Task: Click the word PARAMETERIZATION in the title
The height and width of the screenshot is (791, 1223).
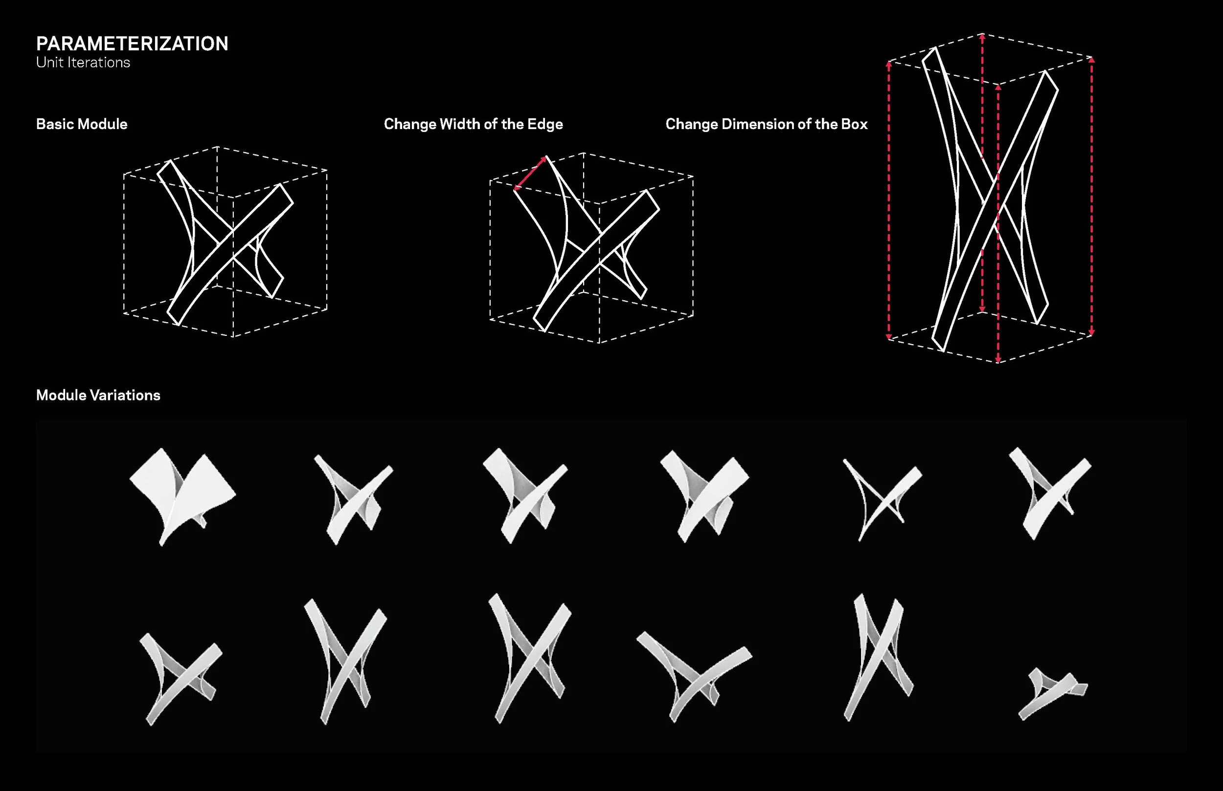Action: coord(132,44)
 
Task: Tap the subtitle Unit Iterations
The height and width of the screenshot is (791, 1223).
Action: coord(83,63)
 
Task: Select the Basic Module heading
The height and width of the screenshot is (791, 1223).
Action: coord(82,124)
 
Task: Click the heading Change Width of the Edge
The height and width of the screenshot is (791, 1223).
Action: coord(473,124)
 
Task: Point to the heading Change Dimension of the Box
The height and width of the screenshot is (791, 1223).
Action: coord(767,124)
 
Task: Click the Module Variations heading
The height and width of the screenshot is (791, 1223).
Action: coord(98,395)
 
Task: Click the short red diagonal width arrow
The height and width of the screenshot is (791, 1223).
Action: coord(530,173)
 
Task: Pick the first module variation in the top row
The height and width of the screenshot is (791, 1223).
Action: coord(182,496)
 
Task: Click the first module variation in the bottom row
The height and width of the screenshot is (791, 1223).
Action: coord(181,679)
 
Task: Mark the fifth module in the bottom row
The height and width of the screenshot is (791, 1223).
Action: coord(878,658)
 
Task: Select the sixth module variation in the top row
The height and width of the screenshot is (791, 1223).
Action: coord(1050,493)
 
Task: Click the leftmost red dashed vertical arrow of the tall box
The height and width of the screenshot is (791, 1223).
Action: coord(889,200)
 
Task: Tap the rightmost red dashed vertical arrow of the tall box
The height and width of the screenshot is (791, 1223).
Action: coord(1092,196)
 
